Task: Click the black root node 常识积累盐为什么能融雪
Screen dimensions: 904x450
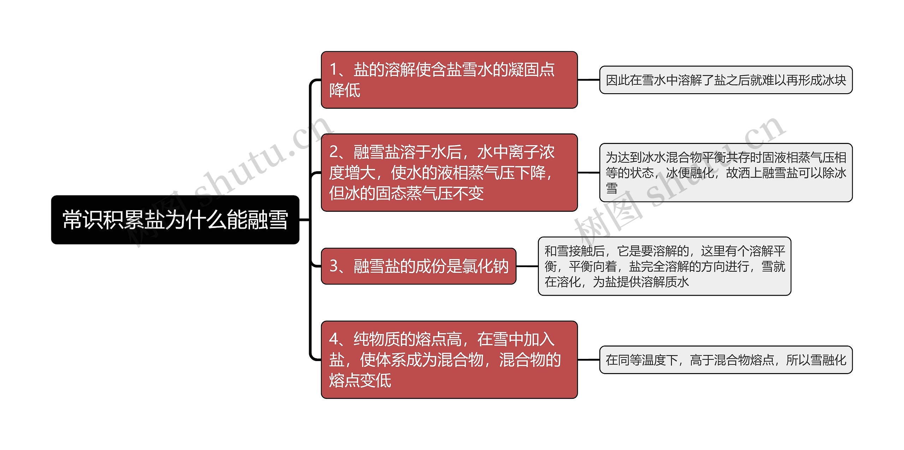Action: pos(175,220)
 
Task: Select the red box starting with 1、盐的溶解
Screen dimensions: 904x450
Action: pos(449,80)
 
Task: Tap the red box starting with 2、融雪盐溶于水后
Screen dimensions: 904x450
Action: pos(449,173)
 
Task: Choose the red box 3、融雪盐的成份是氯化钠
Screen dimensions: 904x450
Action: pos(418,266)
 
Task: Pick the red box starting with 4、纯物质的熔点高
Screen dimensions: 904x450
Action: pos(449,360)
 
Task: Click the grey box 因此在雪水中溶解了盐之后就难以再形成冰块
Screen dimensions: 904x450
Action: pos(726,80)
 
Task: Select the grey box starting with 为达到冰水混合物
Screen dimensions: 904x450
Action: pos(726,173)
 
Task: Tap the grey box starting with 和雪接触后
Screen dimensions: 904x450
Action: pos(664,266)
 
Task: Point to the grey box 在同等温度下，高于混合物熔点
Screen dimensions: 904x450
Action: pos(726,360)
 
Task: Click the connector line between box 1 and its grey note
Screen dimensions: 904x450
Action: pos(588,80)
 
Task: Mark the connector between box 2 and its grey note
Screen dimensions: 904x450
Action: pos(588,173)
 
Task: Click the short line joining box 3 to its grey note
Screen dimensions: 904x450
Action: pos(527,266)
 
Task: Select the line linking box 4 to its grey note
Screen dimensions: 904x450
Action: pos(588,360)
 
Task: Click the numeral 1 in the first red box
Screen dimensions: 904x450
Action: pos(333,70)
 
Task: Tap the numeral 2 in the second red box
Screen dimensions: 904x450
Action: pos(334,152)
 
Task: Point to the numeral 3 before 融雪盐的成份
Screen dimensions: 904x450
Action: pos(334,266)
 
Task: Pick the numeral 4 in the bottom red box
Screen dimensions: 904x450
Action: pos(334,339)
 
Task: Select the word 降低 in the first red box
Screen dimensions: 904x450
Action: pos(345,90)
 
